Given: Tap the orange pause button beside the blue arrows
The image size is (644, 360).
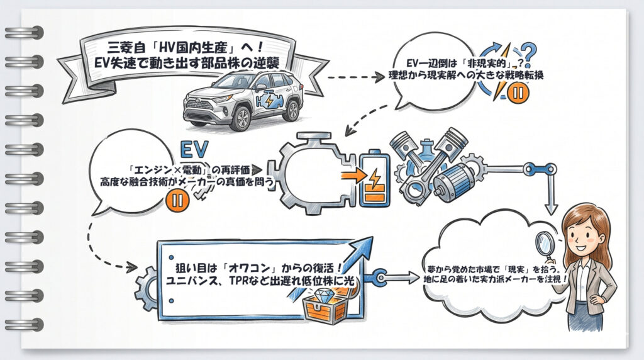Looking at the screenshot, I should [x=521, y=93].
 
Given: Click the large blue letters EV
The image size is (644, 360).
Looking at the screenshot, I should [x=194, y=149].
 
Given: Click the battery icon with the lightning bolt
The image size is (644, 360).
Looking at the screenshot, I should [x=375, y=179].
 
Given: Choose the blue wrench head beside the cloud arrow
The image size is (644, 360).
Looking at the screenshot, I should [x=379, y=278].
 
